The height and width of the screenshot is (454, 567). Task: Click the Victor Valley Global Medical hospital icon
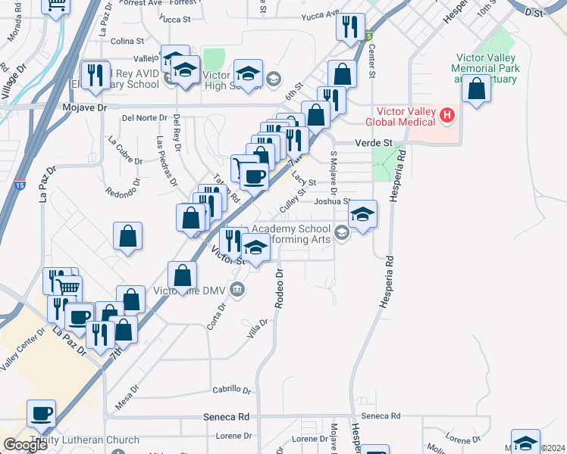pyautogui.click(x=447, y=116)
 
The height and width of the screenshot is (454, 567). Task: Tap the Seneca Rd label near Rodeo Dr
pyautogui.click(x=227, y=416)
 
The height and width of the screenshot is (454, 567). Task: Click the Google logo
pyautogui.click(x=25, y=445)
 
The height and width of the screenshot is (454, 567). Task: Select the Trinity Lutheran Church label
pyautogui.click(x=85, y=440)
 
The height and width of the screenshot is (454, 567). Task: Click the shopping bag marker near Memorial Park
pyautogui.click(x=475, y=89)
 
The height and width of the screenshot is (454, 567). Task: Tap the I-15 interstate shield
pyautogui.click(x=20, y=184)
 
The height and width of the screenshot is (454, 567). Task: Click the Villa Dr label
pyautogui.click(x=258, y=327)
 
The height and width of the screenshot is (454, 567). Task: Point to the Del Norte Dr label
pyautogui.click(x=143, y=117)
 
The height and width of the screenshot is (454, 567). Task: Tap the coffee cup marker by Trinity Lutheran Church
pyautogui.click(x=41, y=413)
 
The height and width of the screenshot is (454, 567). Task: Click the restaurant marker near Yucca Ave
pyautogui.click(x=349, y=27)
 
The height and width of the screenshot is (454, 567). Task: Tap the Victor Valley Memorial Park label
pyautogui.click(x=487, y=68)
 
